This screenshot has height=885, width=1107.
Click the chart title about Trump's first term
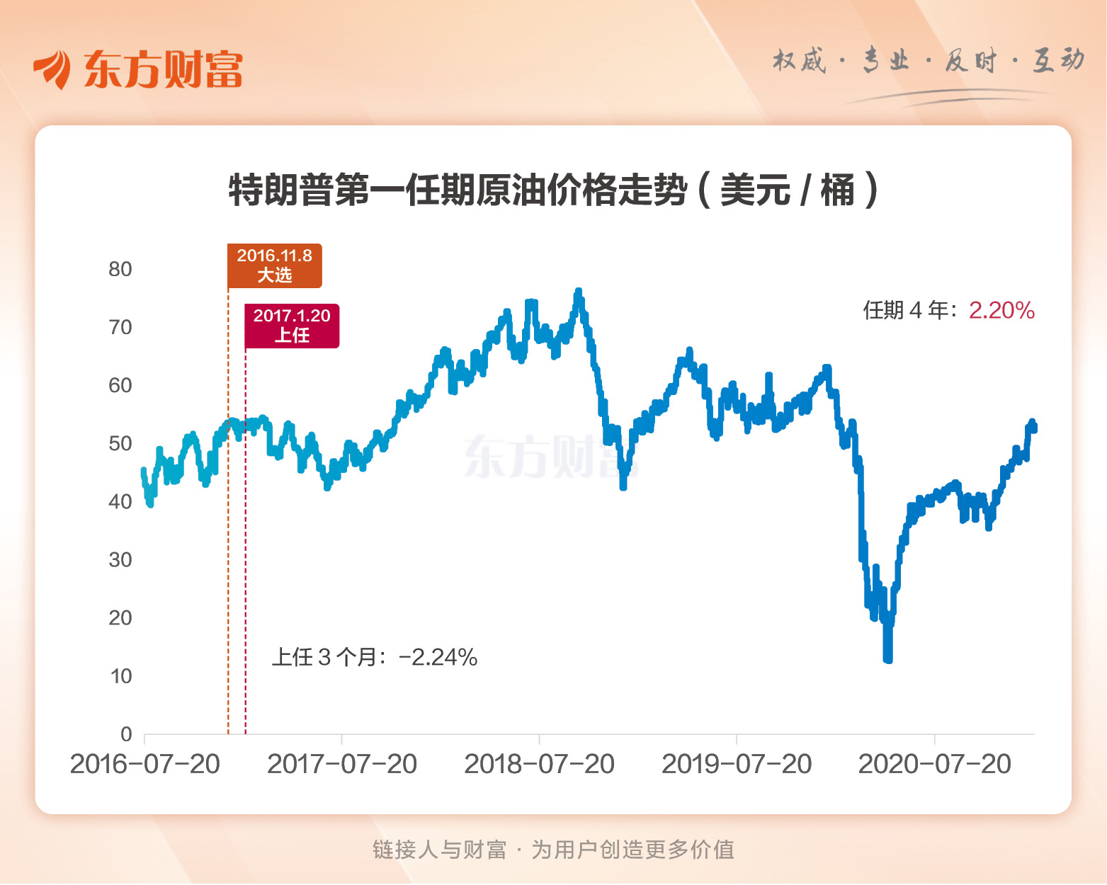(x=553, y=190)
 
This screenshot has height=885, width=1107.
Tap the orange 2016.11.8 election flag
(x=274, y=265)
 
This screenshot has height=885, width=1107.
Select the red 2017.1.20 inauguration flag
(x=292, y=326)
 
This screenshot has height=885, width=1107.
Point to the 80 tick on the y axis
(x=120, y=269)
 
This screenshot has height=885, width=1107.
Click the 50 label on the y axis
(x=120, y=444)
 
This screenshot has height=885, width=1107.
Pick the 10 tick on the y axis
(x=120, y=676)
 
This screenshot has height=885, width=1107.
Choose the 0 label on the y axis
(x=126, y=734)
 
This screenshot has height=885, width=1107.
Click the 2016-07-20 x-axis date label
(x=145, y=765)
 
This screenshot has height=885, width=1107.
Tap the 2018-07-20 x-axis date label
(x=539, y=765)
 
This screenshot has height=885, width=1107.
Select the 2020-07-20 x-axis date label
(x=934, y=765)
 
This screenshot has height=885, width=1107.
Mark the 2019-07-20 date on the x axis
(x=737, y=765)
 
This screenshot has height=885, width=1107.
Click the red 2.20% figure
(x=1001, y=310)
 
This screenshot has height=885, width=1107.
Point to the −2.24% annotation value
(x=438, y=658)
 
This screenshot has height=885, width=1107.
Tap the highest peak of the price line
(x=579, y=291)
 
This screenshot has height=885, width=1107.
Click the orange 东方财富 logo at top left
(x=138, y=69)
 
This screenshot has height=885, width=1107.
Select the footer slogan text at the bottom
(x=553, y=850)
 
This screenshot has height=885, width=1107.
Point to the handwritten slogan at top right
(x=928, y=62)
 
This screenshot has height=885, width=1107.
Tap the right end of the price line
(x=1034, y=427)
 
